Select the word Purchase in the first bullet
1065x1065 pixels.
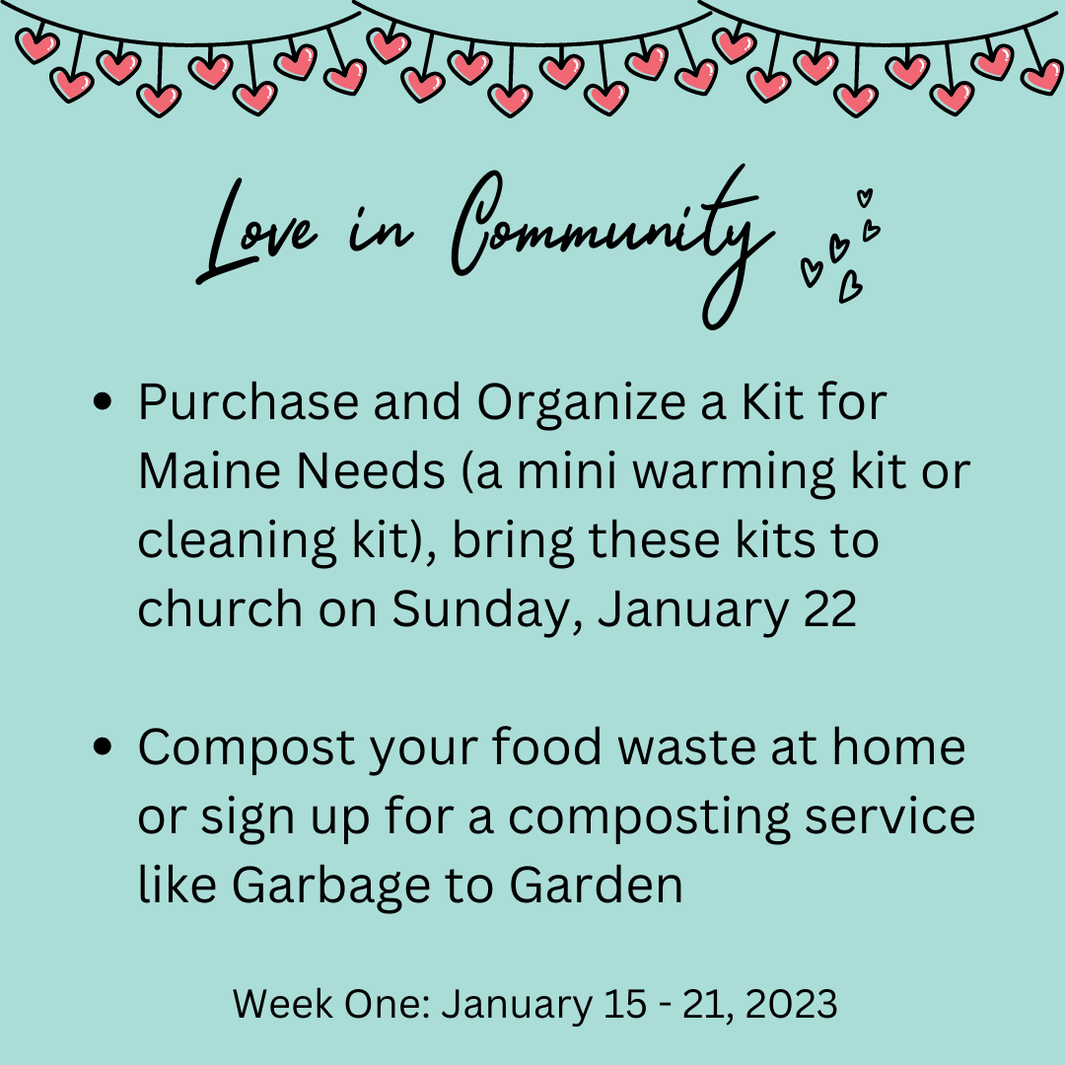click(x=248, y=402)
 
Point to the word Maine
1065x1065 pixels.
click(x=209, y=470)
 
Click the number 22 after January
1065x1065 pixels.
click(x=830, y=608)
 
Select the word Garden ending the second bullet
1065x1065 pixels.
click(x=597, y=885)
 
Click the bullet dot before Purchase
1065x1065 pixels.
click(x=102, y=402)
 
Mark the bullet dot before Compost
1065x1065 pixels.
click(x=102, y=746)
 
